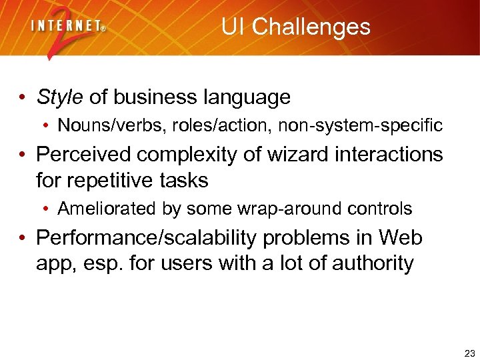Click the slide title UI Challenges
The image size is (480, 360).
(x=295, y=27)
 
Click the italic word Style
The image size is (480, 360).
(x=60, y=97)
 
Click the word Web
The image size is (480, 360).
(x=401, y=237)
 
